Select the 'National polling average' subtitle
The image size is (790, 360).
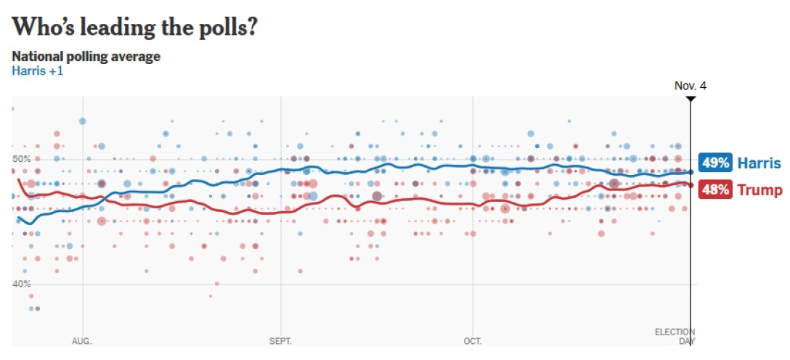[86, 57]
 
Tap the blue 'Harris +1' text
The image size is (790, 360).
[37, 71]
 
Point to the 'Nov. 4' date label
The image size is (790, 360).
[690, 86]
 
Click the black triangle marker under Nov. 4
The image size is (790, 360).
[691, 98]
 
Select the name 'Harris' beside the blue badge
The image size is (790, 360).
[760, 163]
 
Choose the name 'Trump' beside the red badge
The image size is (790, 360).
[760, 190]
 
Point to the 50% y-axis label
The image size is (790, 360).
[22, 159]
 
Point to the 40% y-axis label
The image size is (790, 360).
[22, 284]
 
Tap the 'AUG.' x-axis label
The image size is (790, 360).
[81, 340]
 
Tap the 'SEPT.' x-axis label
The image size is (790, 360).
[280, 340]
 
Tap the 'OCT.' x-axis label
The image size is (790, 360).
[473, 340]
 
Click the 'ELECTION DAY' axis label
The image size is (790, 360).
[675, 336]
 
